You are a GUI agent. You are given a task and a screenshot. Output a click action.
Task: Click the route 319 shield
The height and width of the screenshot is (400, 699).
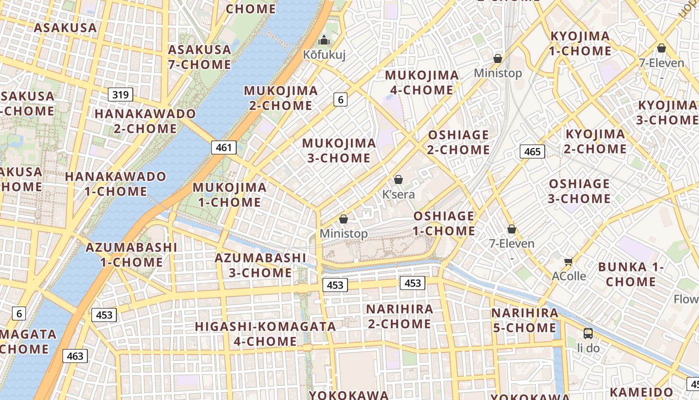tap(120, 94)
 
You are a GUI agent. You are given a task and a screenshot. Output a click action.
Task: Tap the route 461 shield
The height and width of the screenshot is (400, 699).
tap(224, 147)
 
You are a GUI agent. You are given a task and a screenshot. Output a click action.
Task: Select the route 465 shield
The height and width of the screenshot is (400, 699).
tap(532, 151)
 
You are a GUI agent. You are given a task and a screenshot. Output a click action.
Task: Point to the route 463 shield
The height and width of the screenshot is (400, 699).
tap(75, 356)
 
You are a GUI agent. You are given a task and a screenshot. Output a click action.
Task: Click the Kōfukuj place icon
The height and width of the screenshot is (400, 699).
tap(324, 40)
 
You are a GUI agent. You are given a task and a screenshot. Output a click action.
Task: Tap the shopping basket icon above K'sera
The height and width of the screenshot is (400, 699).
tap(398, 179)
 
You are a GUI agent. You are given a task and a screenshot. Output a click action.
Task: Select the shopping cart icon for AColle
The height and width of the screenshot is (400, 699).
tap(568, 261)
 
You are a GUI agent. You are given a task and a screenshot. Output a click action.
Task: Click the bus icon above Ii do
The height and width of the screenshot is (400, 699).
tap(588, 333)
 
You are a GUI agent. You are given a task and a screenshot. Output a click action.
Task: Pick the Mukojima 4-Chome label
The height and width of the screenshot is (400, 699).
tap(422, 82)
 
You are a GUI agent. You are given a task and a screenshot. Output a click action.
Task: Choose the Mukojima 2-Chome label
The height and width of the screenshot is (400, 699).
tap(281, 98)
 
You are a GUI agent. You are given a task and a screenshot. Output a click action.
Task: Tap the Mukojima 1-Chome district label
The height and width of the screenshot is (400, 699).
tap(230, 194)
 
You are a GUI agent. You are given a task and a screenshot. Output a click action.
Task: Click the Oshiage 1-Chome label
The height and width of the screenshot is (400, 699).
tap(444, 223)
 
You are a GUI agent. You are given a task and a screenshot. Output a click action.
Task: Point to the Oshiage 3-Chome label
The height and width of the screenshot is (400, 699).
tap(579, 191)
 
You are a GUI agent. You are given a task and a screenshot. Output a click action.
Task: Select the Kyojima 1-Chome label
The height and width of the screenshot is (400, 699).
tap(580, 43)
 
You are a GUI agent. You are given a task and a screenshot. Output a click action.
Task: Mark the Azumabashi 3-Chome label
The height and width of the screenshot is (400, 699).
tap(260, 265)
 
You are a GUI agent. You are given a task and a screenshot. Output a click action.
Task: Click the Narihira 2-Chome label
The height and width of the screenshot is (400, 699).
tap(399, 316)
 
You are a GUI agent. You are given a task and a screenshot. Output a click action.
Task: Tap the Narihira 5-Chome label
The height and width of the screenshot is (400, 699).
tap(525, 320)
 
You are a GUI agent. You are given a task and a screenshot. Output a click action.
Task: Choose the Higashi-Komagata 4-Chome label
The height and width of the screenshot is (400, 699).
tap(266, 333)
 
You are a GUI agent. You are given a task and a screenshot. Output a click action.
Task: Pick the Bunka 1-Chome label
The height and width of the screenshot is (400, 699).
tap(631, 274)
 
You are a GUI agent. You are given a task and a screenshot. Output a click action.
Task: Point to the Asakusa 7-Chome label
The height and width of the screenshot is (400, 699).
tap(200, 57)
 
